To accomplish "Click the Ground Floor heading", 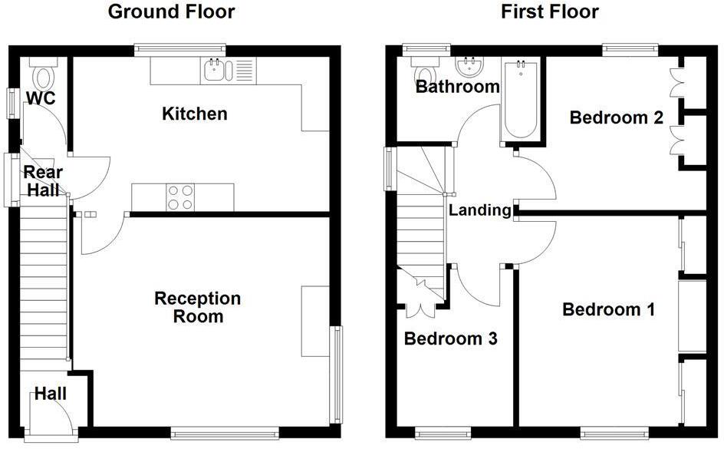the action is (x=171, y=12).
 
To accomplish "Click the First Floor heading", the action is (x=550, y=12).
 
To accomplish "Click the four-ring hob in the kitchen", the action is (x=180, y=196).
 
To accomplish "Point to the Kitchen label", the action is (x=195, y=114).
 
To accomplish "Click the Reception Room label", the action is (x=198, y=307).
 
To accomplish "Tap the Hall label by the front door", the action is (x=50, y=395).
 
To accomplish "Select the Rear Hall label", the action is (x=43, y=181).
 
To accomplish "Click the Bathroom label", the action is (x=457, y=87).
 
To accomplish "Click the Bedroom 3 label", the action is (x=451, y=338).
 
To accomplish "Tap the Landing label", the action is (x=479, y=210).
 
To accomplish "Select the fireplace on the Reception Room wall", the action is (x=314, y=322).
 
